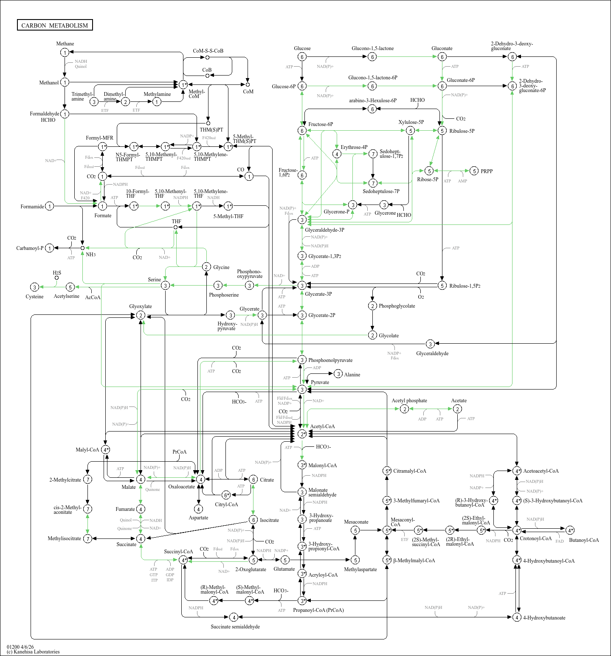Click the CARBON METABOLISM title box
coord(55,25)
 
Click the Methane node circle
coord(65,52)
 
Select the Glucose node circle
coord(302,57)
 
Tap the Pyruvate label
coord(320,382)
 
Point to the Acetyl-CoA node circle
coord(302,434)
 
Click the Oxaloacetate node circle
coord(200,479)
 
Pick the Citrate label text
coord(267,480)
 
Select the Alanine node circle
coord(338,374)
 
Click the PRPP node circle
coord(474,171)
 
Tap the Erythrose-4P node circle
coord(337,154)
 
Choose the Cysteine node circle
coord(35,287)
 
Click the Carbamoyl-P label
coord(30,248)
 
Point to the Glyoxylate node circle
coord(141,315)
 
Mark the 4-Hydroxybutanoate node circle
coord(517,617)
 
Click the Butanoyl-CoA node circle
coord(570,530)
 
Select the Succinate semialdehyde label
coord(235,627)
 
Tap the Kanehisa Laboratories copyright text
coord(33,652)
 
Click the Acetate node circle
coord(457,409)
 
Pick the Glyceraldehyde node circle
coord(430,344)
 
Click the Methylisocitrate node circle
coord(87,538)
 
